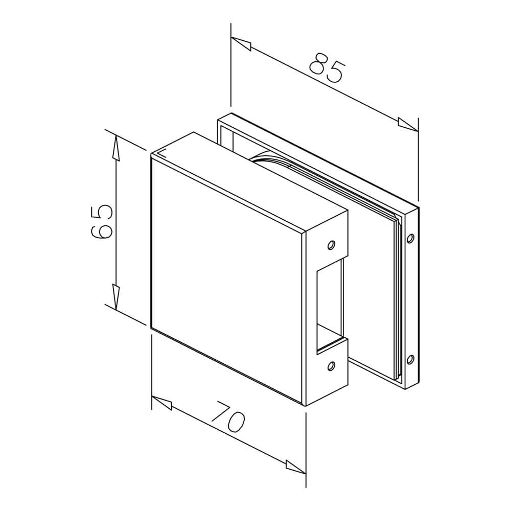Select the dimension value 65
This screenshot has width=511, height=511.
tap(101, 221)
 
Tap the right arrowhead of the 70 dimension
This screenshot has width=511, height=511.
tap(295, 467)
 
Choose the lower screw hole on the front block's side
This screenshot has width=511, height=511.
tap(331, 366)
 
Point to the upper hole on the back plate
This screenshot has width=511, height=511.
tap(410, 238)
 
